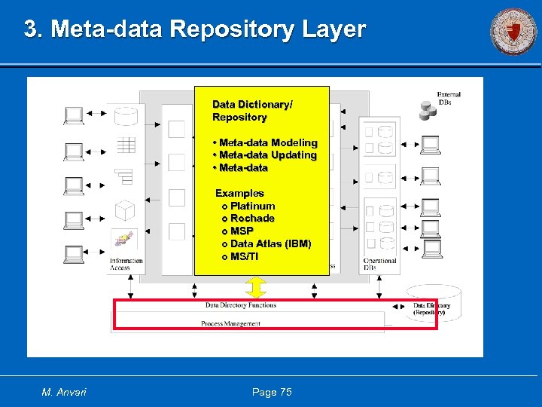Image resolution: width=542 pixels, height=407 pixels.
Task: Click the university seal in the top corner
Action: point(514,32)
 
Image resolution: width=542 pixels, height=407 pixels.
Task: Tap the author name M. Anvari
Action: point(64,392)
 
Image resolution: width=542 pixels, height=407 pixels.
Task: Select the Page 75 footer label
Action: point(272,392)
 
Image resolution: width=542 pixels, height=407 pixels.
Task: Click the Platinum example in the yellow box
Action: point(252,206)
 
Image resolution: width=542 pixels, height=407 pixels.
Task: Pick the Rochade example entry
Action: point(252,219)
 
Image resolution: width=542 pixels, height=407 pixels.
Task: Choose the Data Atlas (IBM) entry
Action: point(270,244)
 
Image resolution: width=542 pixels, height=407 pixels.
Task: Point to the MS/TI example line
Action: point(244,257)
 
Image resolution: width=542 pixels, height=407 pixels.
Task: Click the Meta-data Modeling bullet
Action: point(267,142)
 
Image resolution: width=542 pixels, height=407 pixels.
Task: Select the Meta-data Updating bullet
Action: point(267,155)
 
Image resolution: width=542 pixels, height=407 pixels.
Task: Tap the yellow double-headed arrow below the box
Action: point(256,287)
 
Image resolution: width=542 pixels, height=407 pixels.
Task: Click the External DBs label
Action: point(449,99)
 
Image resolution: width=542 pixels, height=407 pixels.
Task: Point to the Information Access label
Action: point(125,265)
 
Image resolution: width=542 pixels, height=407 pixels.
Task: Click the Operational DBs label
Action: point(379,265)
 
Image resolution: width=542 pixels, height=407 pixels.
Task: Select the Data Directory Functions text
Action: point(240,305)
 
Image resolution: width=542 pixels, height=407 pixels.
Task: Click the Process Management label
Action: point(230,324)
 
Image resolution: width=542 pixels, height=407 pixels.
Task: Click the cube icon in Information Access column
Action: point(124,209)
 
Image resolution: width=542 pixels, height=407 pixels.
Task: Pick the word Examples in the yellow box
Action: point(239,193)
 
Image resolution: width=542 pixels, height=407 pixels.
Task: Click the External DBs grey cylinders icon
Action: point(428,111)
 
